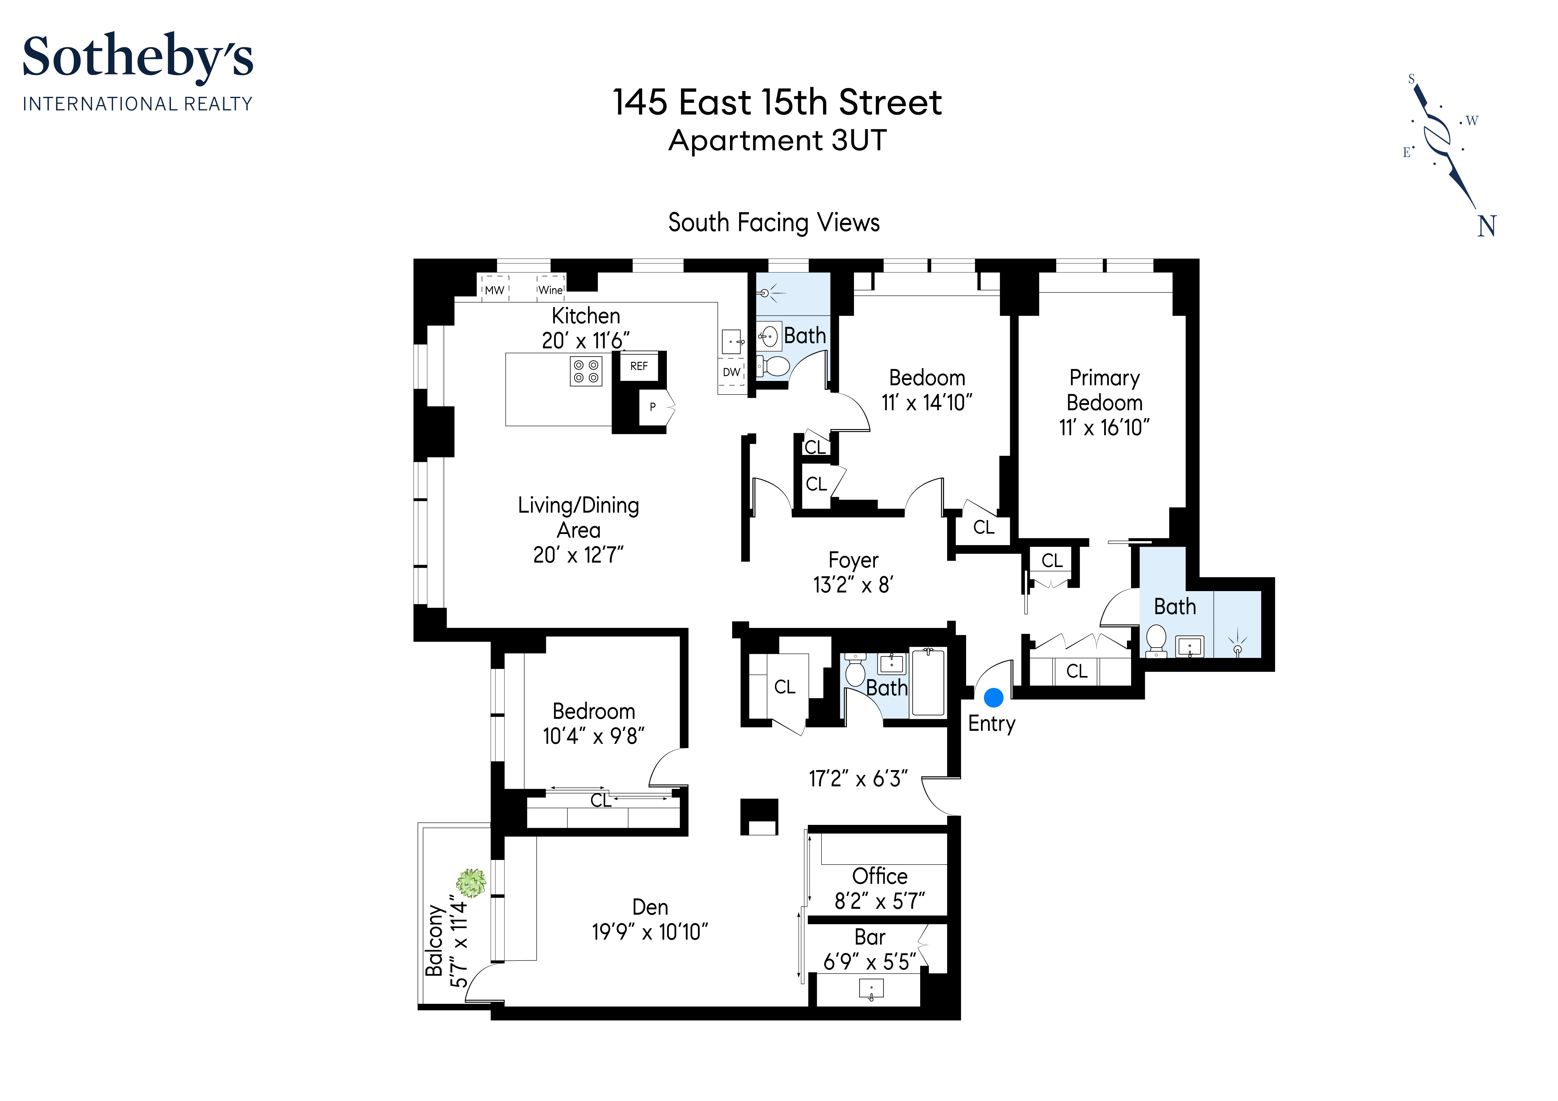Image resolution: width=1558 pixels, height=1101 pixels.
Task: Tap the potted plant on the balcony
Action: coord(471,883)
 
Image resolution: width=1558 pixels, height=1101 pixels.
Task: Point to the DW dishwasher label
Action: coord(732,373)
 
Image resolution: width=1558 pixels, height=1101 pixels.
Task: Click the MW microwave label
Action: coord(495,290)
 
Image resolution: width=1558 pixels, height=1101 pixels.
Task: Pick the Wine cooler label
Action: coord(550,290)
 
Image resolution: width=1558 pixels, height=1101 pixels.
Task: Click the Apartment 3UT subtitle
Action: coord(778,141)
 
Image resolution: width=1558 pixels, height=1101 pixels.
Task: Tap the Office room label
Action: coord(880,876)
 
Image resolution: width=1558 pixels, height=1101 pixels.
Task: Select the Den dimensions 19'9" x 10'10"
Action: coord(650,932)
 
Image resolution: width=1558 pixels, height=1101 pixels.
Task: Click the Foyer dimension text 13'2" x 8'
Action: coord(854,585)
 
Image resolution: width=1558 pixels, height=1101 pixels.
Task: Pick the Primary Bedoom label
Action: coord(1105,390)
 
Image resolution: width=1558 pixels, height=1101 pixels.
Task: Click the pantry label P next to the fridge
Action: coord(653,407)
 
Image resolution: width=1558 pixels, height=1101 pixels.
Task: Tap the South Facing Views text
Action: coord(774,223)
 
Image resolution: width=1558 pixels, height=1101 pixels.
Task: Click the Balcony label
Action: coord(434,940)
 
